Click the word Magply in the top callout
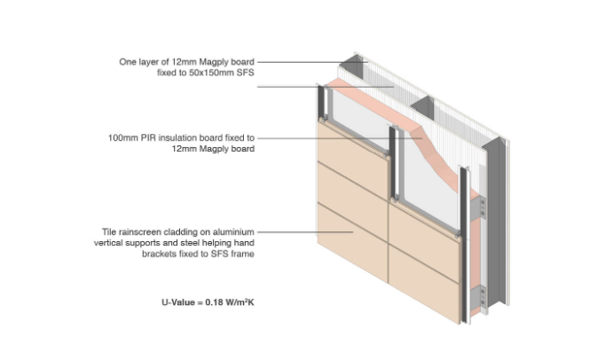point(215,62)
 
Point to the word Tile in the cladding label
point(109,231)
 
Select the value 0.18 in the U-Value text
point(214,302)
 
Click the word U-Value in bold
point(178,302)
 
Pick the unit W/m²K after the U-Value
point(240,302)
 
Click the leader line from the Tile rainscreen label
point(306,231)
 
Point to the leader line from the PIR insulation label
point(340,138)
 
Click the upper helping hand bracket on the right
point(482,208)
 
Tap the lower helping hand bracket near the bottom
point(482,298)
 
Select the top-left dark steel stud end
point(351,67)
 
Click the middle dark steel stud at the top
point(422,107)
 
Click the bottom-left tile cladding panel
point(352,242)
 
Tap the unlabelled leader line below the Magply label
point(326,87)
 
